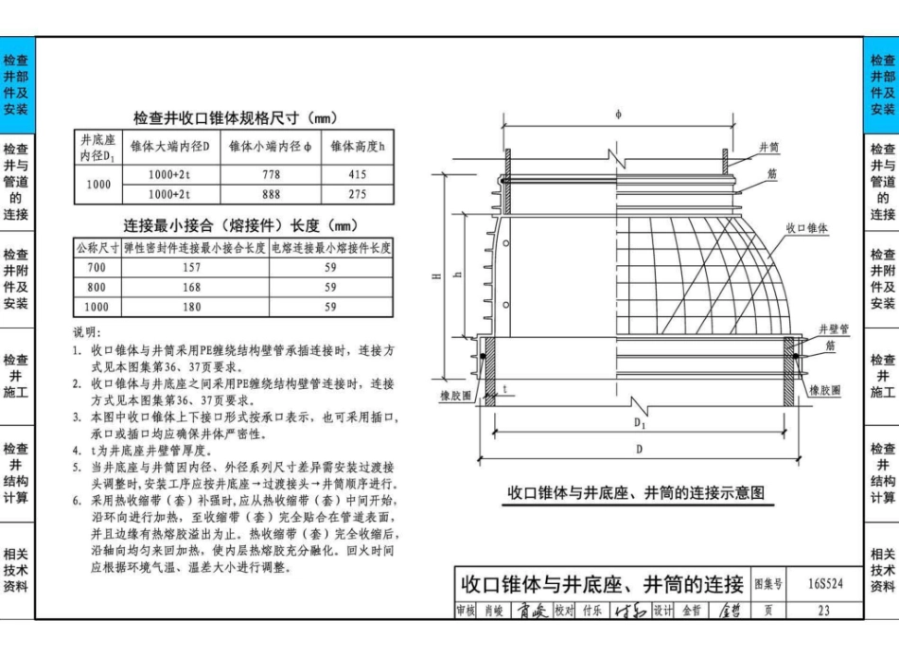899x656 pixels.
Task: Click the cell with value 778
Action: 272,175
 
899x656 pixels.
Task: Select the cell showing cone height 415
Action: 357,175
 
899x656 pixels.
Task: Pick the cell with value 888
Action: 272,195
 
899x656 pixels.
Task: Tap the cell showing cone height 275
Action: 357,195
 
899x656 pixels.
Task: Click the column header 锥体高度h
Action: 358,147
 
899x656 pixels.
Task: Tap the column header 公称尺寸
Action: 97,248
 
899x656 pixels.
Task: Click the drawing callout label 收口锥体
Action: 807,228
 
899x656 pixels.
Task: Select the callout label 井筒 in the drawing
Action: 769,148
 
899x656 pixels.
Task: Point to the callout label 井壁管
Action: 834,328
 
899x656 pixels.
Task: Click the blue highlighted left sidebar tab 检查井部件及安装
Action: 16,84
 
